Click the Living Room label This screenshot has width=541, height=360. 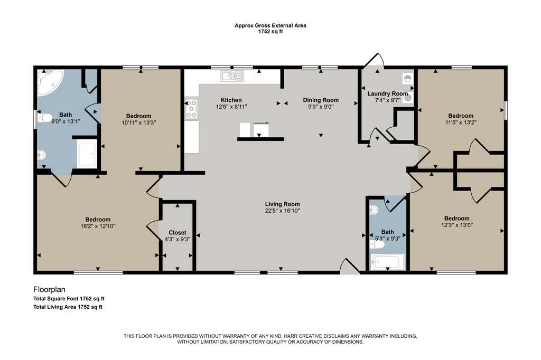click(x=282, y=204)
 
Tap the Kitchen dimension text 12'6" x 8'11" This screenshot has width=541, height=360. click(x=231, y=107)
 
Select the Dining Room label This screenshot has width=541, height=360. click(x=321, y=100)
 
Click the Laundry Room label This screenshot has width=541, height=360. click(x=387, y=93)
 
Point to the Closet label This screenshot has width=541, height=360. click(x=178, y=232)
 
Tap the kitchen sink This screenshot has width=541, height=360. click(x=232, y=76)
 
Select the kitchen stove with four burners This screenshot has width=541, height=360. click(x=191, y=109)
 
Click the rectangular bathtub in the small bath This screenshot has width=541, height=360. click(x=387, y=262)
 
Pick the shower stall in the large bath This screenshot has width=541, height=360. click(x=87, y=154)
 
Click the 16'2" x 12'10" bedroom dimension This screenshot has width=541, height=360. click(x=98, y=226)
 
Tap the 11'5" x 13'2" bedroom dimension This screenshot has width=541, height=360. click(x=461, y=122)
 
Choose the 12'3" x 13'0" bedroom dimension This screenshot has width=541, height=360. click(x=457, y=225)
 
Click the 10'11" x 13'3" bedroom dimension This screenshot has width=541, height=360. click(x=139, y=122)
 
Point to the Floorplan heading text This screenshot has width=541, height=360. click(x=49, y=290)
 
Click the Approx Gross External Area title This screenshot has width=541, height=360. click(x=270, y=25)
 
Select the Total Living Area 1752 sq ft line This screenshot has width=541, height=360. click(x=68, y=307)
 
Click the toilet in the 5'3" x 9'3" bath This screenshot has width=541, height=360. click(x=377, y=244)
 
